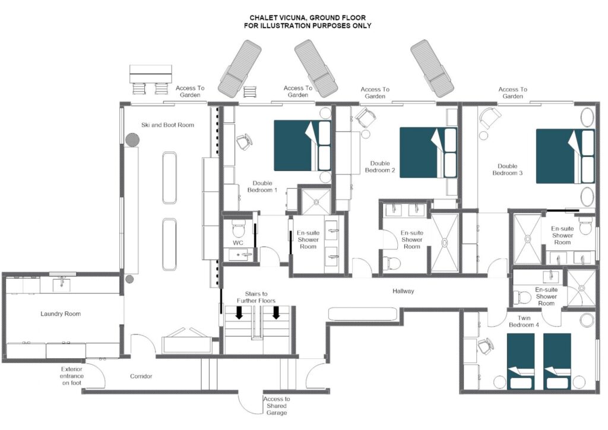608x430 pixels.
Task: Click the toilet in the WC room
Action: tap(237, 229)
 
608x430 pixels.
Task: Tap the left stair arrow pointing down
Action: tap(239, 312)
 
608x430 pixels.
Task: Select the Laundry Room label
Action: tap(61, 314)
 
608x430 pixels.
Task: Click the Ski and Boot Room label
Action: tap(167, 125)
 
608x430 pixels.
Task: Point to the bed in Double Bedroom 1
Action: tap(302, 146)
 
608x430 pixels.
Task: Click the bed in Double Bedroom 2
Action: tap(428, 153)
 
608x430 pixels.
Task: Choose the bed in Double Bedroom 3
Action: tap(565, 156)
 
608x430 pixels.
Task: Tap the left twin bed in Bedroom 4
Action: tap(521, 361)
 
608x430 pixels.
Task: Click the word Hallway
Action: tap(403, 291)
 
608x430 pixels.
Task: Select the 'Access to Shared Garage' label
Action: tap(277, 406)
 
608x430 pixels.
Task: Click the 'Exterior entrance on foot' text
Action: tap(72, 376)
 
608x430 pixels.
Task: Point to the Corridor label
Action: tap(141, 376)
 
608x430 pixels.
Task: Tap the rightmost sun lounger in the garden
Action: tap(432, 68)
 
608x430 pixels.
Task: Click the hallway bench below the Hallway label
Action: tap(363, 314)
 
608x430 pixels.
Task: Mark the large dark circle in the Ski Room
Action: tap(132, 139)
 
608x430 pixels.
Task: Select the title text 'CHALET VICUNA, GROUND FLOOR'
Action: tap(308, 18)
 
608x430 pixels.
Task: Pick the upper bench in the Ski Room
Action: tap(169, 178)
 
